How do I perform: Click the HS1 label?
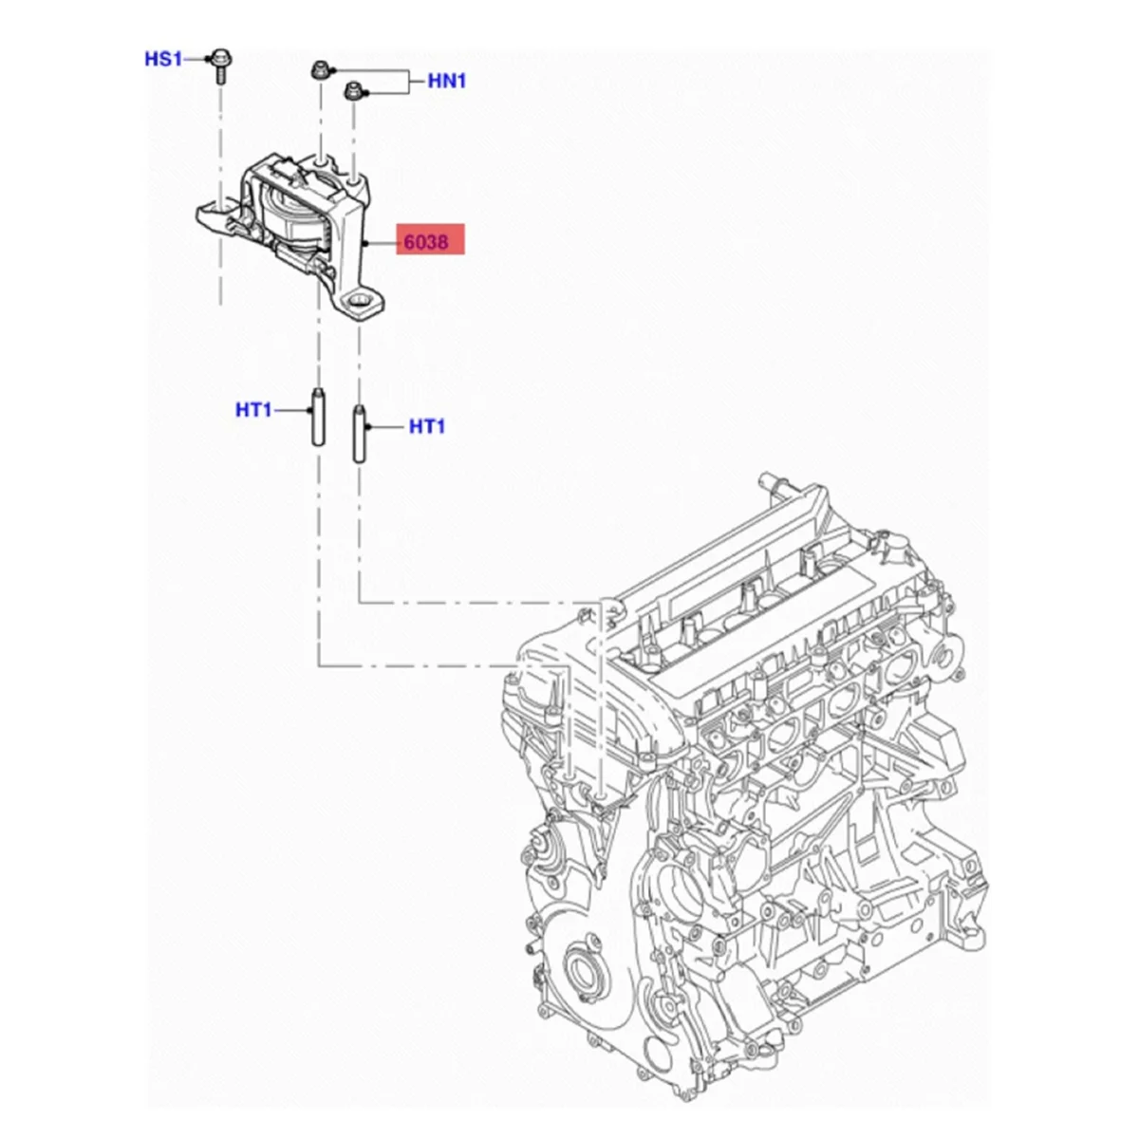(162, 59)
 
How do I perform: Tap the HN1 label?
(447, 81)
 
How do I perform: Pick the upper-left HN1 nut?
(320, 70)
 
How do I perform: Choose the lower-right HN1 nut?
(354, 90)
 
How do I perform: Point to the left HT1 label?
(253, 410)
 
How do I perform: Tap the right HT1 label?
(427, 427)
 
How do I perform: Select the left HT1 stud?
(317, 419)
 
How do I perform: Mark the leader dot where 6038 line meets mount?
(365, 244)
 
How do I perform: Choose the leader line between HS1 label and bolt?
(196, 59)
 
